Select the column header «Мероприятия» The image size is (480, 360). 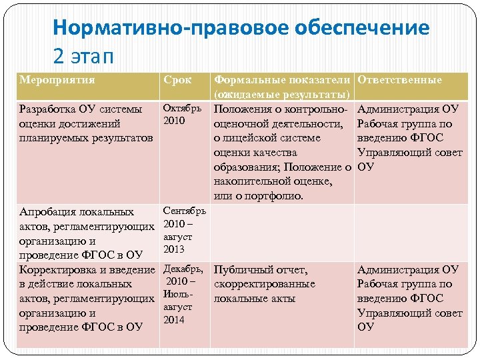(57, 80)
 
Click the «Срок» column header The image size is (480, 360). (177, 80)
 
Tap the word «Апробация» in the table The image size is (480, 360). (48, 213)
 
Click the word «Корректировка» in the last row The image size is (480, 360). (59, 270)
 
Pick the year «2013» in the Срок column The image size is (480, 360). (174, 249)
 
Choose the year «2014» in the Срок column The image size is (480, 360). (174, 319)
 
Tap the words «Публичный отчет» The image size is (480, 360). (261, 270)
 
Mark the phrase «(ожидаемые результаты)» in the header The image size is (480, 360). (283, 94)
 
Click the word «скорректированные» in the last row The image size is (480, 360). (265, 284)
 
